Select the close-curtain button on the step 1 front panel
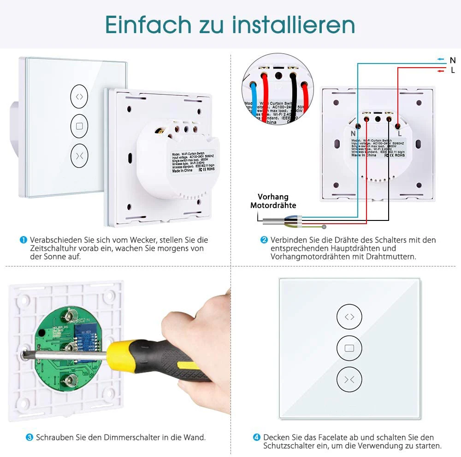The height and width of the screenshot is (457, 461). (79, 155)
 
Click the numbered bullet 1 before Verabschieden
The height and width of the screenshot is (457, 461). (23, 240)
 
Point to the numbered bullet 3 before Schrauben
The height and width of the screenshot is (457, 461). (29, 437)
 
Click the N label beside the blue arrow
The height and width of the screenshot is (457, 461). (452, 60)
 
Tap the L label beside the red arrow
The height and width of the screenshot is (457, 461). (452, 70)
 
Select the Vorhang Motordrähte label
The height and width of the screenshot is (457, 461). (273, 201)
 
